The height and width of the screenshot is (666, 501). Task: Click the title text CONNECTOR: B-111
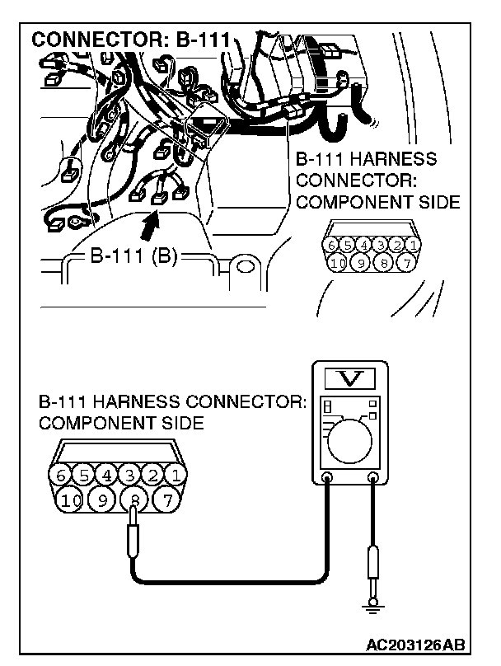click(130, 40)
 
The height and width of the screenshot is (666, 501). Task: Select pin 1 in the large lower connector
click(176, 476)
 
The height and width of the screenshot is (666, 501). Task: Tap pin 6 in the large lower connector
click(59, 476)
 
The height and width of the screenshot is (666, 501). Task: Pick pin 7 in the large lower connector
click(166, 499)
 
